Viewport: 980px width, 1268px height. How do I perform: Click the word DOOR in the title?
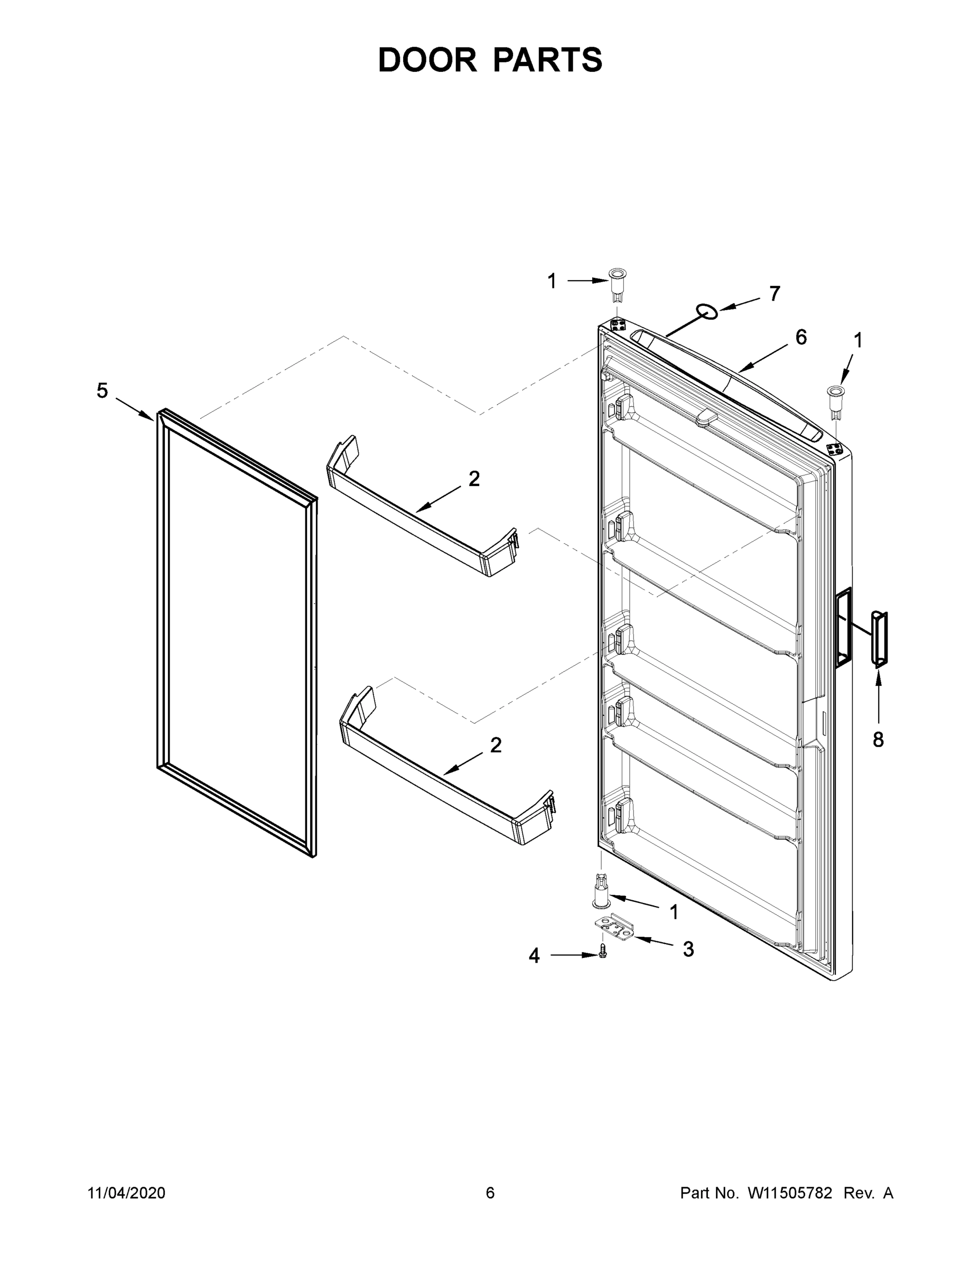427,60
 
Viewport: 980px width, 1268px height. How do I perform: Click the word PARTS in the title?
548,60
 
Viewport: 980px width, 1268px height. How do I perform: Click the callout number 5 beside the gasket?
102,391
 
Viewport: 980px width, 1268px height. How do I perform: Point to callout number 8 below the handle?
878,740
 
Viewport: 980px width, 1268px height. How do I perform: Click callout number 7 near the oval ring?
774,294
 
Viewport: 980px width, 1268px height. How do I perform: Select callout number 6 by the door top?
800,337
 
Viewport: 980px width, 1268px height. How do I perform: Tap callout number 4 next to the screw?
534,955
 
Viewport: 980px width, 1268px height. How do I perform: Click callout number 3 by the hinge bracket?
688,949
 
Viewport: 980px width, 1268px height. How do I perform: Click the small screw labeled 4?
603,951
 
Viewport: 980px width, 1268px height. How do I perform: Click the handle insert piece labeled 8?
879,639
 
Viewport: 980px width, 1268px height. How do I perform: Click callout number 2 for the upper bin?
474,479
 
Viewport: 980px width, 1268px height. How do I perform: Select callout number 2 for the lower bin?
495,745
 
